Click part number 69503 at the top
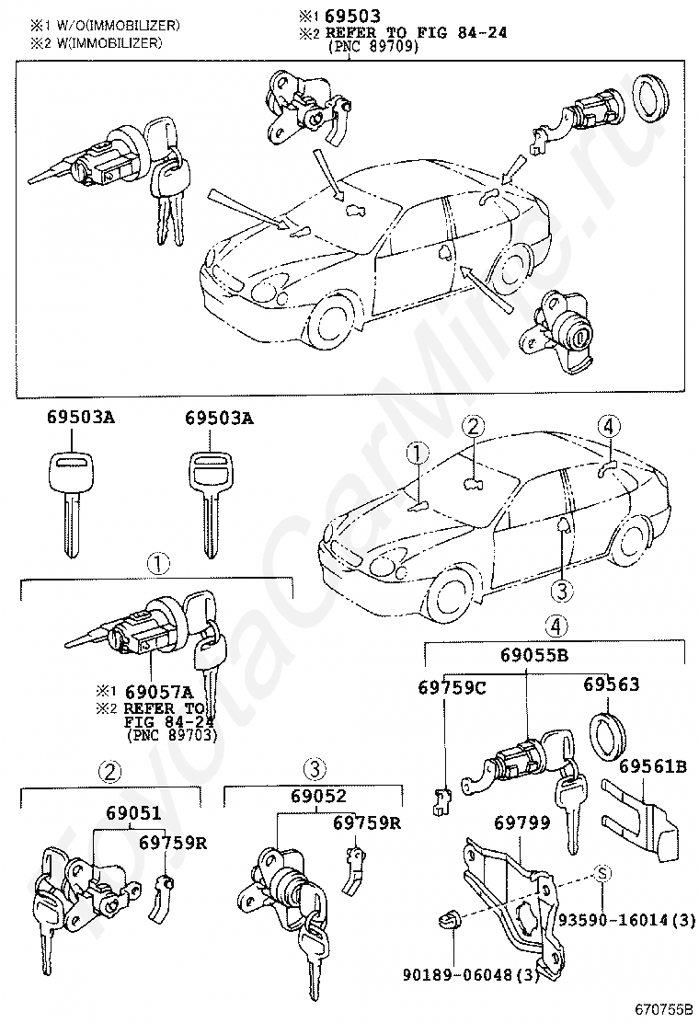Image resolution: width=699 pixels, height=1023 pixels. tap(353, 16)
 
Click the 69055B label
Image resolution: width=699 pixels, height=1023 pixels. tap(534, 654)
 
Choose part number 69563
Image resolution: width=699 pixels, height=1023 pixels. tap(611, 684)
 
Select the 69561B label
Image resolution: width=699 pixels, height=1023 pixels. tap(653, 766)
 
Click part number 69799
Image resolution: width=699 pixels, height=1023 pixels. tap(521, 822)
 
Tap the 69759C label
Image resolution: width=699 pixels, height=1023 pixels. tap(452, 687)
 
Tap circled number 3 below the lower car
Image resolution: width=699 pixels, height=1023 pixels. tap(561, 592)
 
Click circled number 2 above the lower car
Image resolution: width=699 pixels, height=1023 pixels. tap(474, 427)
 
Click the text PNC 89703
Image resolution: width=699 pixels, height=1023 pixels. tap(171, 735)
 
